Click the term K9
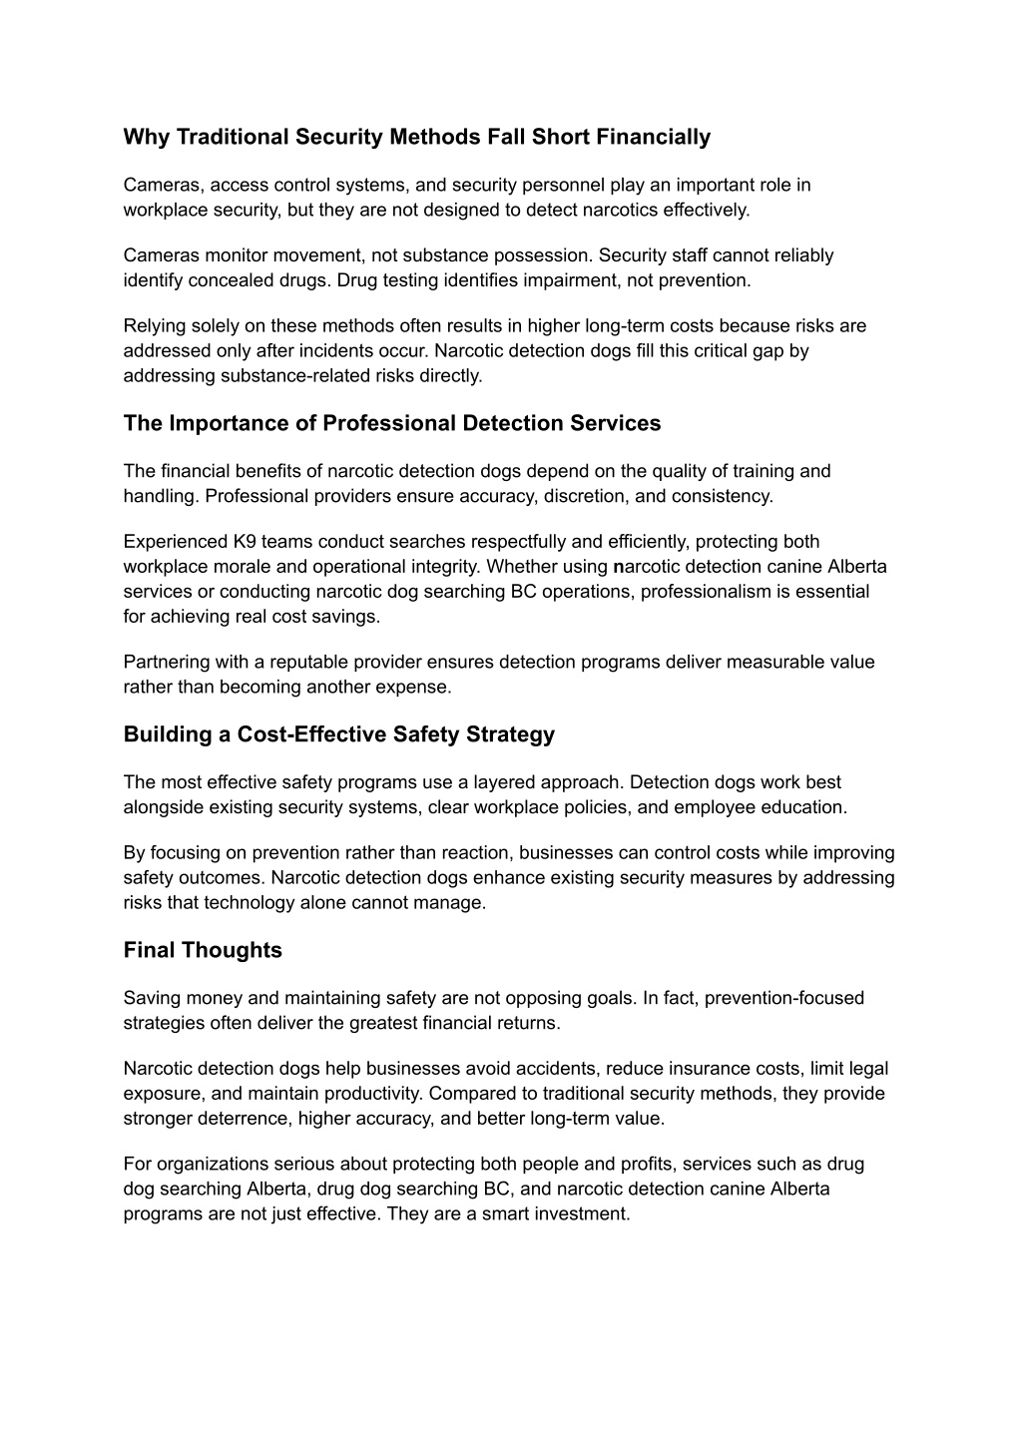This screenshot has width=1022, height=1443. click(x=245, y=542)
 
